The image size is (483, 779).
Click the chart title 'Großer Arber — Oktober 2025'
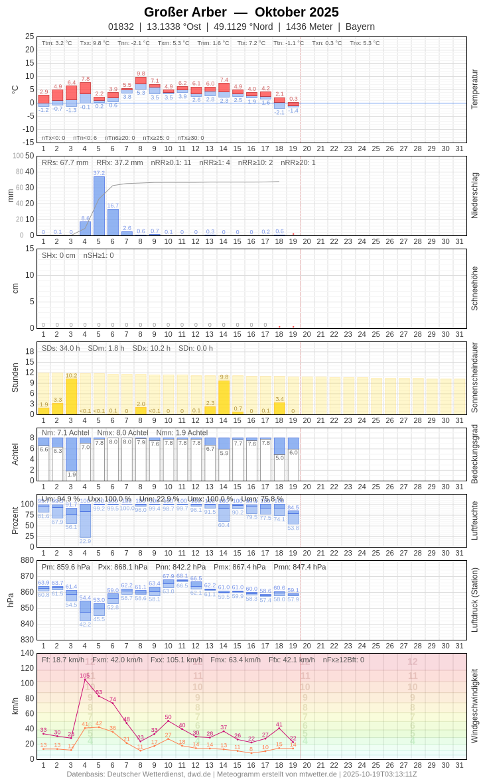(241, 12)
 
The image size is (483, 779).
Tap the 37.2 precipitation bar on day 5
(99, 206)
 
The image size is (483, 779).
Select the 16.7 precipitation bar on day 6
(113, 222)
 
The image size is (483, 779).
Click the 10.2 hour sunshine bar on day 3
(71, 396)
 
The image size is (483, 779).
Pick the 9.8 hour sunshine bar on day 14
(224, 396)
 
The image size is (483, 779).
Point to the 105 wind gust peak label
(85, 676)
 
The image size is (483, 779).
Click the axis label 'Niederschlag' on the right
(474, 196)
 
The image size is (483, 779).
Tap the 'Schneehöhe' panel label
(474, 288)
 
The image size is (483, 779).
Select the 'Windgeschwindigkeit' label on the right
(474, 705)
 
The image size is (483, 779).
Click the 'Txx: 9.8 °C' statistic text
(95, 43)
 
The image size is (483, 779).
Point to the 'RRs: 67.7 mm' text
(65, 162)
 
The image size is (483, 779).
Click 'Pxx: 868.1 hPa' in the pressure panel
(123, 567)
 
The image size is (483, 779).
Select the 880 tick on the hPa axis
(27, 560)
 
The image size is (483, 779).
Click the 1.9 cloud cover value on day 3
(71, 475)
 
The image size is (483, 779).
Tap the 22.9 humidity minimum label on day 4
(85, 541)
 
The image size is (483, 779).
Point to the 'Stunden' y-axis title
(15, 377)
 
